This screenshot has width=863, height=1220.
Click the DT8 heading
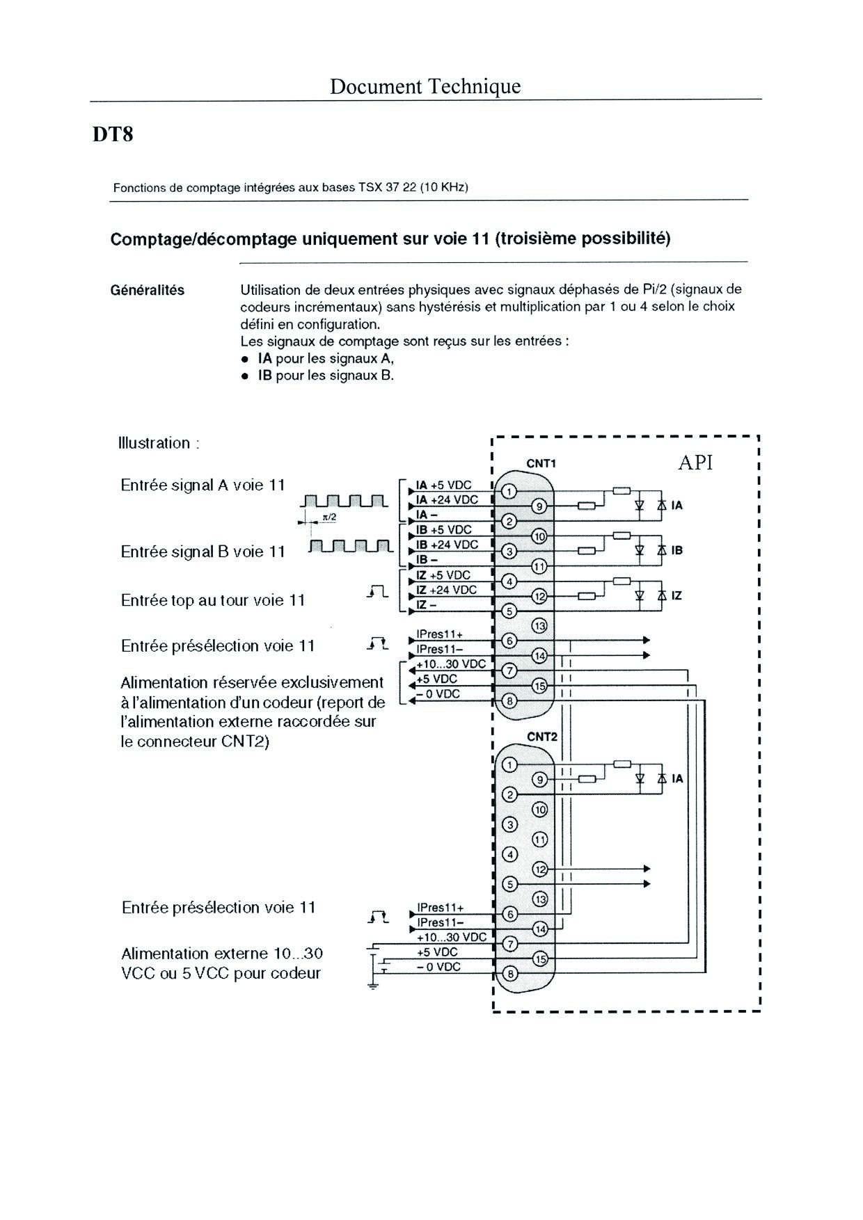113,134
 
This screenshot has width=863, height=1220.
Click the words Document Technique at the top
425,86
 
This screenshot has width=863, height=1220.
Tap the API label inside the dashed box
695,463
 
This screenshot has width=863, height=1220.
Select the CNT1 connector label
541,464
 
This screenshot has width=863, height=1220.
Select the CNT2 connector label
542,737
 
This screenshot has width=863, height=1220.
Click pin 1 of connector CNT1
509,492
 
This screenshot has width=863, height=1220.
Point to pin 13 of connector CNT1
539,626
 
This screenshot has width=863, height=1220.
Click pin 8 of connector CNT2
510,974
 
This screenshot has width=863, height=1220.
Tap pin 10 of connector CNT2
539,810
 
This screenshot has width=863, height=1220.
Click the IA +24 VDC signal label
447,499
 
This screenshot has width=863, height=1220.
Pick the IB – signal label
427,559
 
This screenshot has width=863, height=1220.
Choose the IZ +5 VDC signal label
443,575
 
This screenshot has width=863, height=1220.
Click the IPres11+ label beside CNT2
440,908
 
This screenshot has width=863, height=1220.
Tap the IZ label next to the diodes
676,596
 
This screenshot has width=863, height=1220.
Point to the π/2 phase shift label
329,517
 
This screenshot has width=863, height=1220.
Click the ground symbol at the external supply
374,984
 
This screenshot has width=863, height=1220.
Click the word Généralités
148,290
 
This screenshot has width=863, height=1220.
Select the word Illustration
154,443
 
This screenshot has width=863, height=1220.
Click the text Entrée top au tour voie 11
213,600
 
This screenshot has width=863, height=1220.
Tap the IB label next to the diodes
676,551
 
